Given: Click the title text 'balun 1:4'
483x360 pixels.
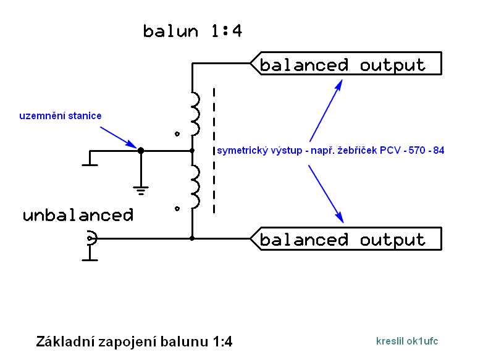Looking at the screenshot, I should tap(192, 31).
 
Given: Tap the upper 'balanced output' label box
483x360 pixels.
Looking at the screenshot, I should tap(346, 64).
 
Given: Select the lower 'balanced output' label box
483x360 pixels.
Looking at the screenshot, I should tap(346, 239).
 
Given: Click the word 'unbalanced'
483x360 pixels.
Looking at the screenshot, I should tap(78, 216).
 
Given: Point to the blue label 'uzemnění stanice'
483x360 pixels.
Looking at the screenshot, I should tap(60, 115).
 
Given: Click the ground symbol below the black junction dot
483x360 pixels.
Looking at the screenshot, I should tap(141, 190).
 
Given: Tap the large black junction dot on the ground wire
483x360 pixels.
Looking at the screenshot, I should tap(141, 150).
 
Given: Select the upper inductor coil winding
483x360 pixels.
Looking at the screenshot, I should tap(195, 114).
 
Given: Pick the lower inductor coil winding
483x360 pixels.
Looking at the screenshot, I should tap(195, 187).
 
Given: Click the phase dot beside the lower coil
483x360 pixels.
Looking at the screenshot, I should tap(178, 209).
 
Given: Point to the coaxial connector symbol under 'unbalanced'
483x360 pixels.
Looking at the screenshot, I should tap(91, 238).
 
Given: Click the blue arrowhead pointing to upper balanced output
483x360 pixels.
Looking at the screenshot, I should tap(339, 83).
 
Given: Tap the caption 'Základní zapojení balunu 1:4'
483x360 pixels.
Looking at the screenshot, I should tap(134, 341).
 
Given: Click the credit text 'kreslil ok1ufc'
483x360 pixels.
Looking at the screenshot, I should tap(407, 341).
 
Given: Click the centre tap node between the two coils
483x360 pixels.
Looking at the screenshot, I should tap(192, 150).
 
